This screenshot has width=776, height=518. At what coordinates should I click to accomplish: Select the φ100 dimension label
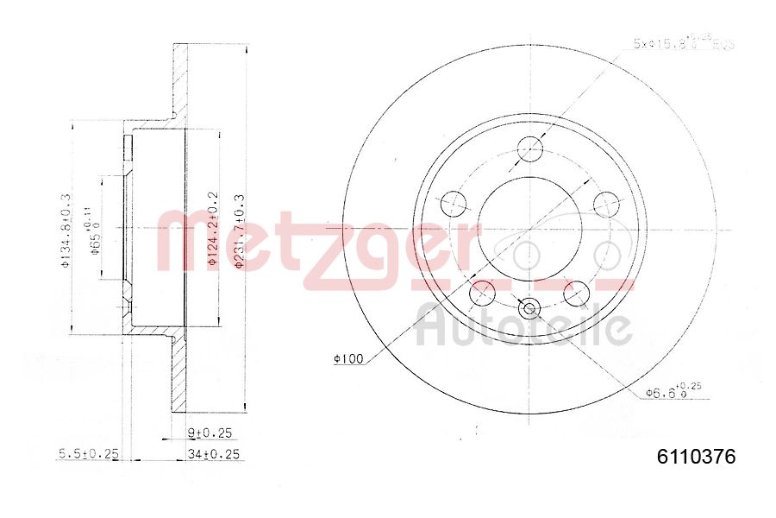pyautogui.click(x=349, y=358)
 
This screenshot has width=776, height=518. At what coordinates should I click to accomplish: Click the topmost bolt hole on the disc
pyautogui.click(x=530, y=147)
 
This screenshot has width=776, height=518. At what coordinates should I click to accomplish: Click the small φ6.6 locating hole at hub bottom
pyautogui.click(x=529, y=307)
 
